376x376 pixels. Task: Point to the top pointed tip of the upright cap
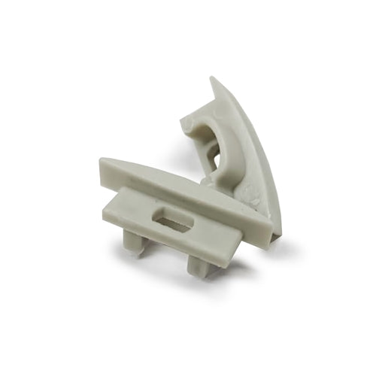coord(214,79)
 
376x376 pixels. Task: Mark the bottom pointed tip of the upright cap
coord(278,239)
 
